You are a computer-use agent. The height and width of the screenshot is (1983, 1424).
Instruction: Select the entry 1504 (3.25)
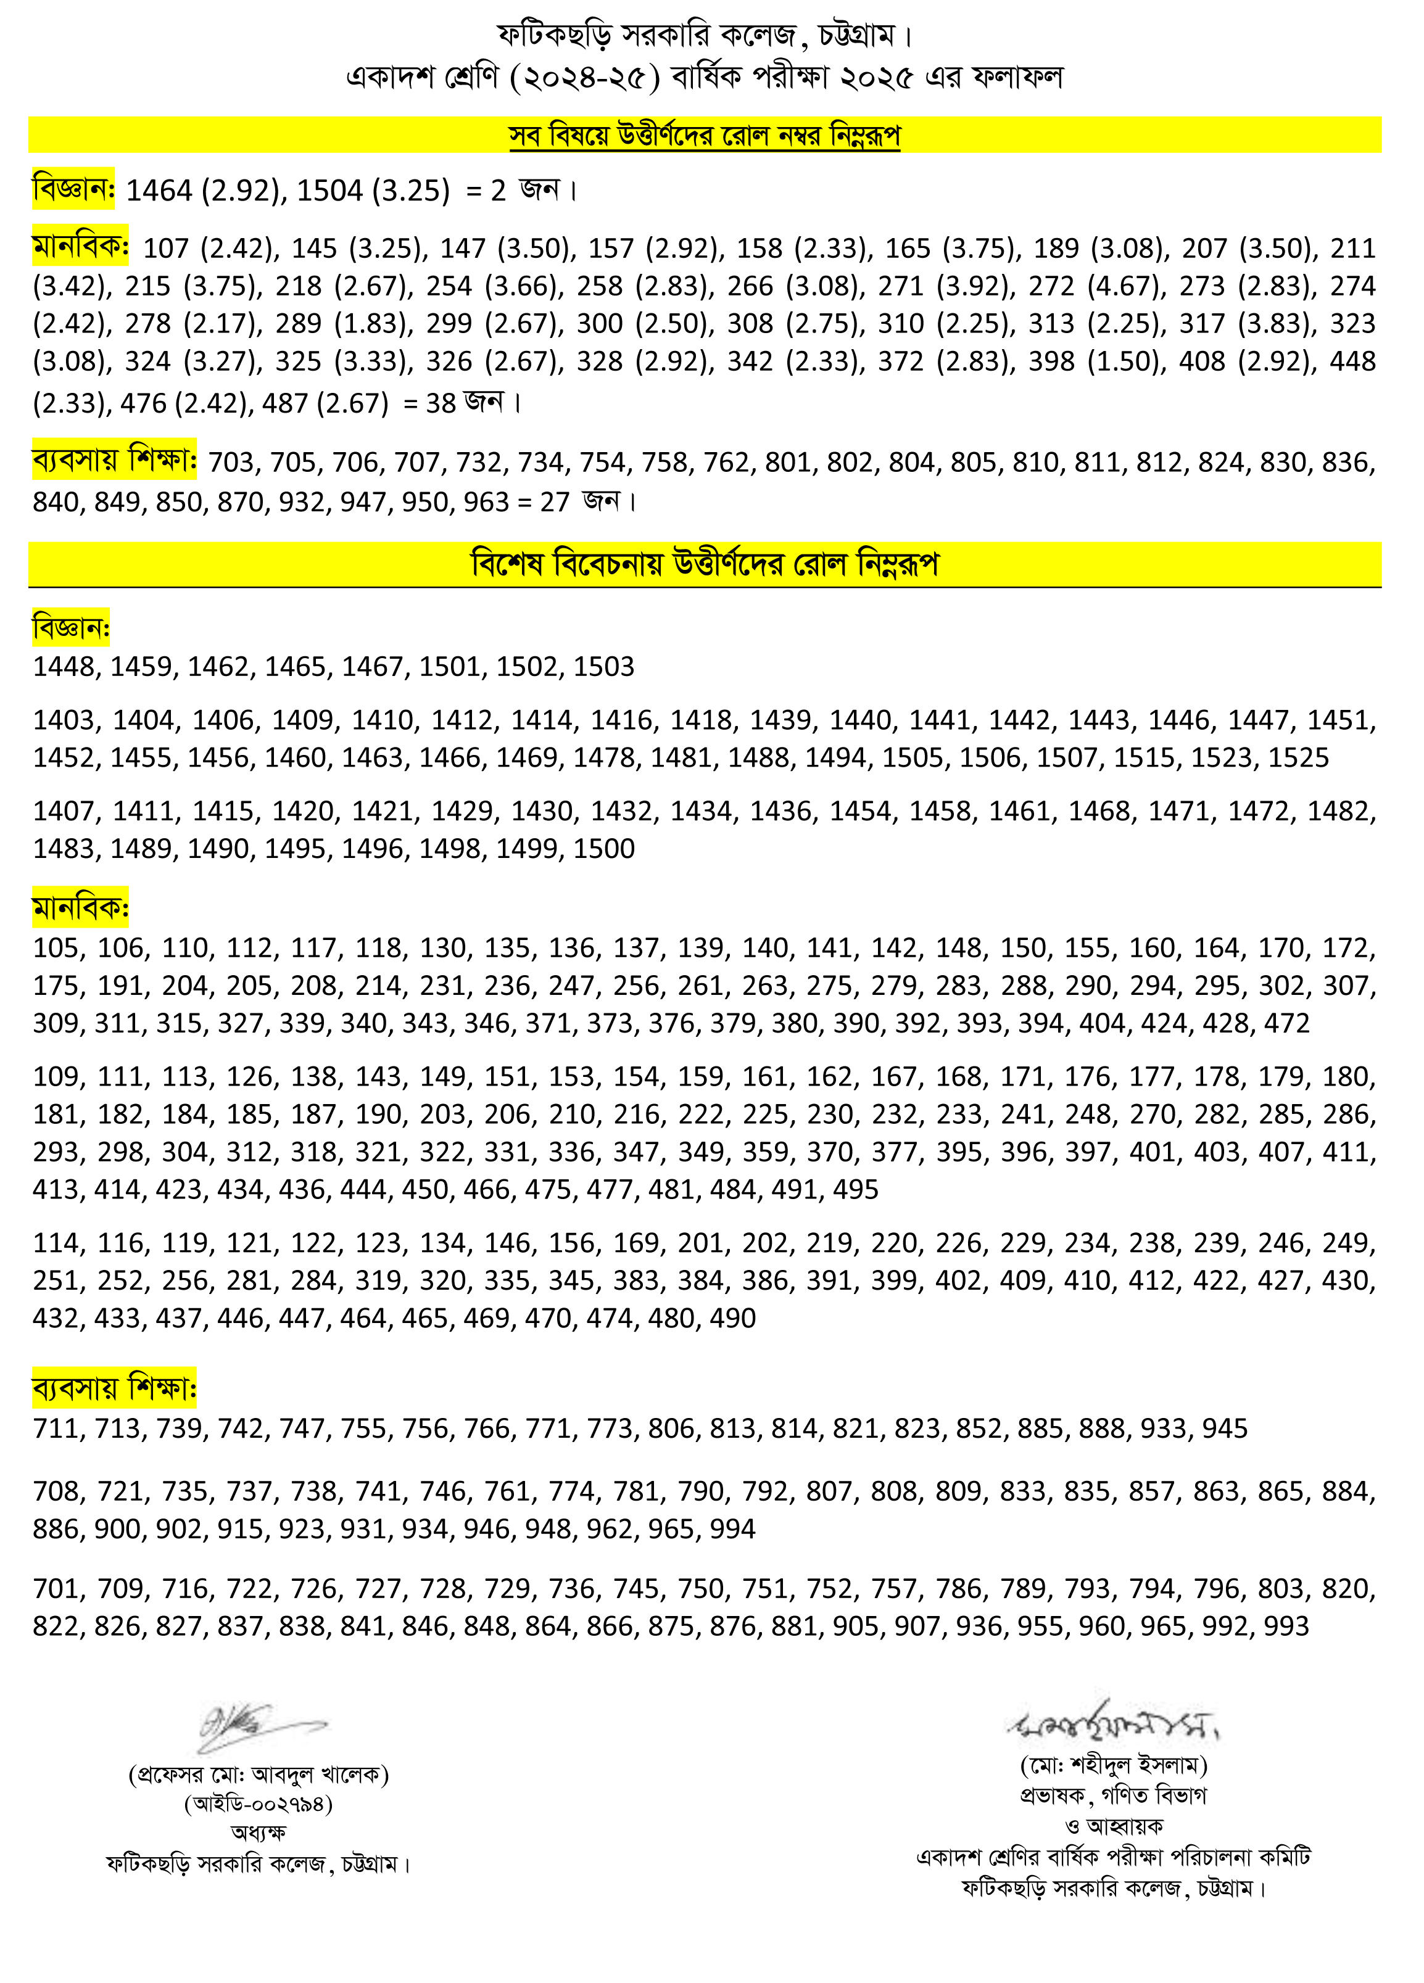(373, 190)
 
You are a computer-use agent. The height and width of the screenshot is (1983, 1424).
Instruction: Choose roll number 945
(1225, 1429)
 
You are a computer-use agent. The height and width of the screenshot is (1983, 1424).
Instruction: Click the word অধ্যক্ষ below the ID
(258, 1833)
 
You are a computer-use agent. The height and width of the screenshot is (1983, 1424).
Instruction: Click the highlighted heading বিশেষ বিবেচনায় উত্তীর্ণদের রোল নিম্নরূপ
(704, 564)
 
